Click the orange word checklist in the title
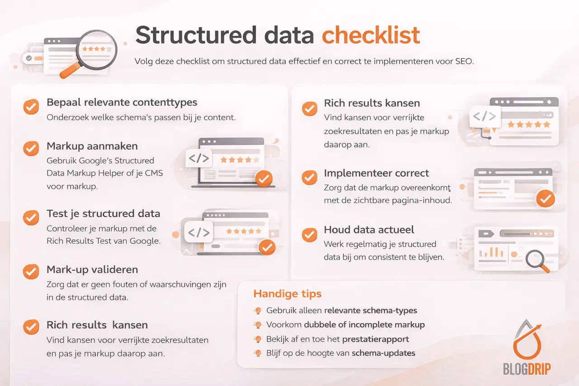371,35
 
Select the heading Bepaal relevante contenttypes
122,102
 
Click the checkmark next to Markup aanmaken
31,148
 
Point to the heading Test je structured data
103,214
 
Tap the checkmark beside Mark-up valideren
31,271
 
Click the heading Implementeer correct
376,173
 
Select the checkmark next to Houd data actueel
309,234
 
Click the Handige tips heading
287,293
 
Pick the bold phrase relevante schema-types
370,310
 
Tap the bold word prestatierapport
375,339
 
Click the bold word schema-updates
384,353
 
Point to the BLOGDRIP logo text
527,369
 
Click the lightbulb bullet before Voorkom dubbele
258,325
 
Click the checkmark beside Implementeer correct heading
309,177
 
